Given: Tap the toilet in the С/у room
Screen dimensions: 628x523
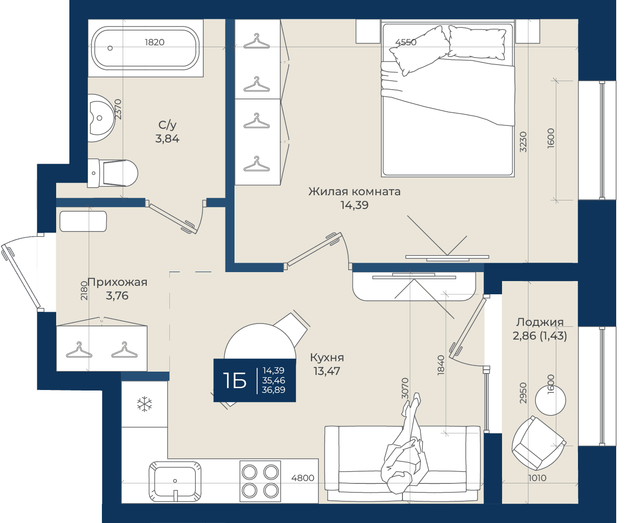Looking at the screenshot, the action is click(x=112, y=174).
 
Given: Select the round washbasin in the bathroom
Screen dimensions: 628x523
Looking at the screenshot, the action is click(x=101, y=118).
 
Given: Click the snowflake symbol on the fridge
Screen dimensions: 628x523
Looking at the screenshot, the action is click(x=144, y=404).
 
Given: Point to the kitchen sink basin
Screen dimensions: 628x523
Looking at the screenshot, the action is click(x=175, y=481).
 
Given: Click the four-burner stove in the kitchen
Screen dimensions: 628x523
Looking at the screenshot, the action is click(x=260, y=481).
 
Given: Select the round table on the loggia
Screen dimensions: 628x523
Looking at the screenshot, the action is click(x=551, y=400).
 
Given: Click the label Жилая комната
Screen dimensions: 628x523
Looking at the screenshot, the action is click(x=354, y=191).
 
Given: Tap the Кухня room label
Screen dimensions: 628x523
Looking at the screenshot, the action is click(x=327, y=357).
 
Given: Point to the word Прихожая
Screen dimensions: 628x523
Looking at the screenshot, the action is click(x=117, y=282).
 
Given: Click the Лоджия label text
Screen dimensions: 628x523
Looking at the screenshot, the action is click(x=540, y=322).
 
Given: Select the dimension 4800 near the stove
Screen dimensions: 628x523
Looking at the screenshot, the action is click(x=302, y=478).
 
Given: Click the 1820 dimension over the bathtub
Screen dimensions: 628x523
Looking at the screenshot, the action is click(x=155, y=42).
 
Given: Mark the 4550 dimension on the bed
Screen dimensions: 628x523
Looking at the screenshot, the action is click(x=406, y=42).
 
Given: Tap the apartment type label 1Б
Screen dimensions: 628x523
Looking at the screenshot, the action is click(x=235, y=381).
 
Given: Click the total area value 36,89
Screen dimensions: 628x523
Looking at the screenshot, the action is click(x=273, y=390).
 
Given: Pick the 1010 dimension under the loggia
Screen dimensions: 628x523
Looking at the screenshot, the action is click(x=537, y=478).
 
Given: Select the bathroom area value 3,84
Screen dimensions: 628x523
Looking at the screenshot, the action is click(x=167, y=139).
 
